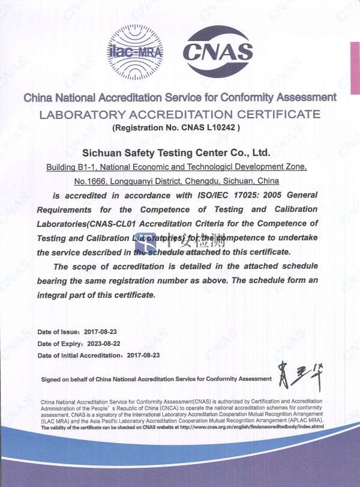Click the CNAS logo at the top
pyautogui.click(x=217, y=53)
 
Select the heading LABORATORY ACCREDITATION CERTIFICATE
pyautogui.click(x=179, y=114)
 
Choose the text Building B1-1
pyautogui.click(x=68, y=166)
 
